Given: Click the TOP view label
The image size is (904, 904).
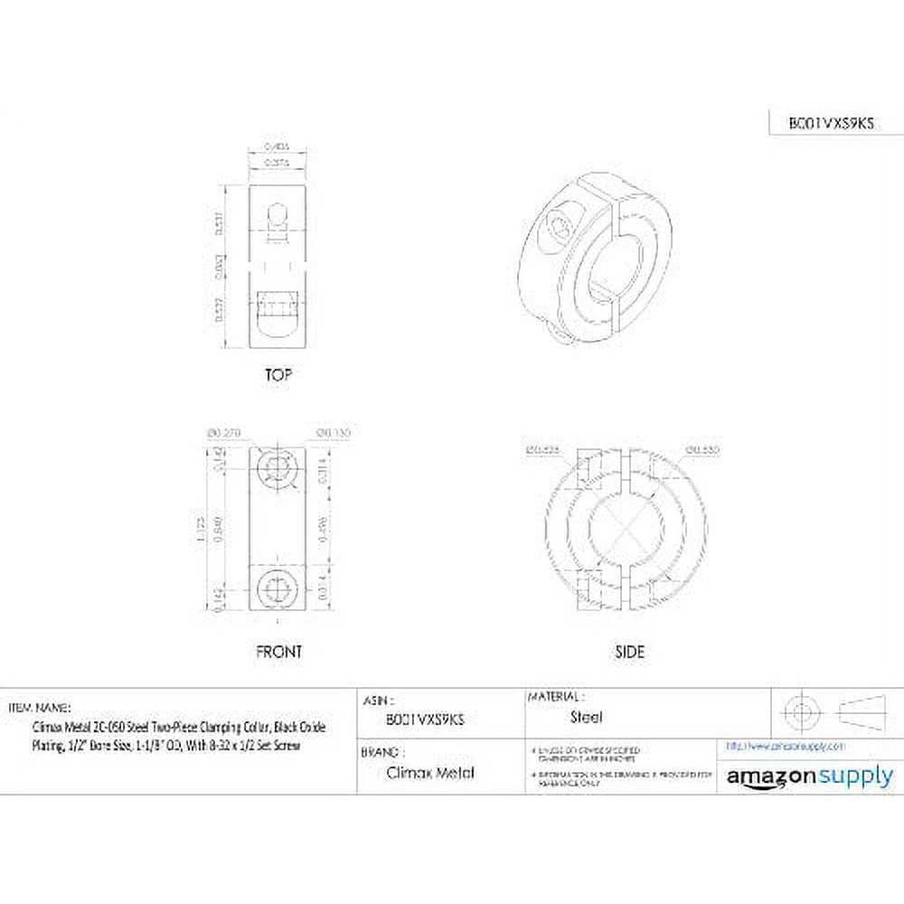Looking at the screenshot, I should pos(278,374).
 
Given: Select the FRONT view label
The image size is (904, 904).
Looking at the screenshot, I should pos(278,651).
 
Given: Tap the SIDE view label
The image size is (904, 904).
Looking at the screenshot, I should pos(630,651).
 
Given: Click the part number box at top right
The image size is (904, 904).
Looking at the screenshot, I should pos(821,125).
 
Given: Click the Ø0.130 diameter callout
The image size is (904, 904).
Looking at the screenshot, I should pos(334,433).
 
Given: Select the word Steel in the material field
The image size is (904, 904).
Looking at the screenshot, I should pos(587,718).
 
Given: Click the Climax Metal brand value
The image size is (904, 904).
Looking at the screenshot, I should pos(417,772).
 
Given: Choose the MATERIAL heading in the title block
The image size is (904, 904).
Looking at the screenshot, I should pos(554,697).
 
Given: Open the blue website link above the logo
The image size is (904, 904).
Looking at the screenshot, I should pos(786,747).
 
